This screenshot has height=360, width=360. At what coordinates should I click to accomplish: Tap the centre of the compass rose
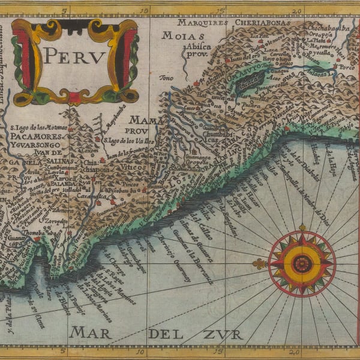pyautogui.click(x=301, y=263)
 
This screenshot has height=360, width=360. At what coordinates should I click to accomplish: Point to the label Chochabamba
pyautogui.click(x=324, y=27)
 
